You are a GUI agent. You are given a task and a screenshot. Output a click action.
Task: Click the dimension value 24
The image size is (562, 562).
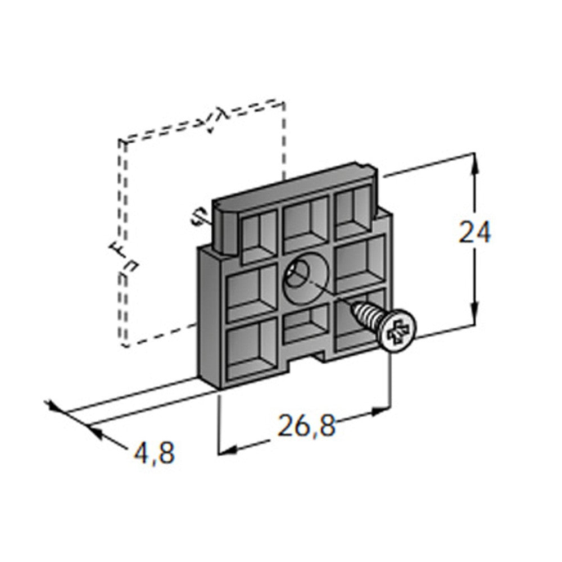click(x=474, y=233)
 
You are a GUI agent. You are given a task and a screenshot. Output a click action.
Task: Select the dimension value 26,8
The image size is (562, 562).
click(x=306, y=425)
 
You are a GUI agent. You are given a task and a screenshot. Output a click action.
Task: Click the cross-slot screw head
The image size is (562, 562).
click(x=398, y=330)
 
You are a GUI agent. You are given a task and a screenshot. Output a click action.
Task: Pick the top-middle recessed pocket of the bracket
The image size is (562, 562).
click(x=306, y=221)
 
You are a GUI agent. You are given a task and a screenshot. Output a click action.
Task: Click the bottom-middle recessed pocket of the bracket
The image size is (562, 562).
click(x=306, y=324)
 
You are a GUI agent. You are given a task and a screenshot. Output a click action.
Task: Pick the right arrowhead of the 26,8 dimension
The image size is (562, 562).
click(x=380, y=411)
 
